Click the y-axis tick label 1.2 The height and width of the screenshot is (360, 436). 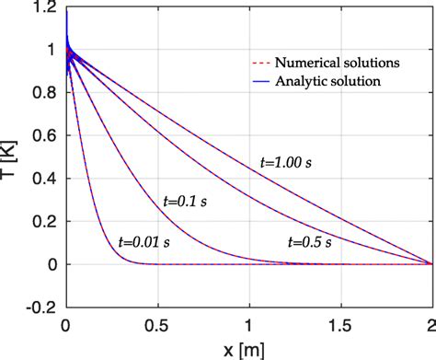47,8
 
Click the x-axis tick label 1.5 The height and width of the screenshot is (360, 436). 340,326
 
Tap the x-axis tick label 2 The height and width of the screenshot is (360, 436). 430,326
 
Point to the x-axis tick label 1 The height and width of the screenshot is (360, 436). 248,326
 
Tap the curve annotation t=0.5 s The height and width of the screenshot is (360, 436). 313,242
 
